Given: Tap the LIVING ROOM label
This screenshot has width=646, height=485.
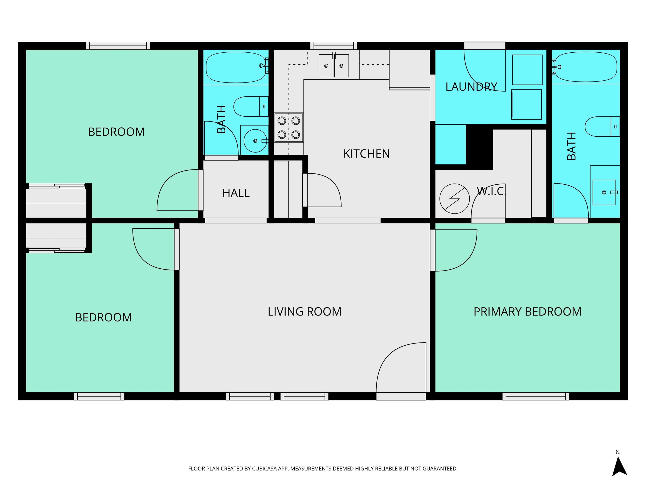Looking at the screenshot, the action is [x=305, y=312].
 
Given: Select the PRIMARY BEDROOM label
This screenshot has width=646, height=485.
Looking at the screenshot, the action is [x=527, y=312].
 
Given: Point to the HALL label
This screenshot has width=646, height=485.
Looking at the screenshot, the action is [x=236, y=193].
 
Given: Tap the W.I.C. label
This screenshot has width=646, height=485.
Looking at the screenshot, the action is [x=491, y=191].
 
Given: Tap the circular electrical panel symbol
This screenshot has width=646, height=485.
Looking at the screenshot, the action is [x=454, y=199].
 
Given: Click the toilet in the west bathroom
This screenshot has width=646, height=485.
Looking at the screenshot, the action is [x=251, y=107].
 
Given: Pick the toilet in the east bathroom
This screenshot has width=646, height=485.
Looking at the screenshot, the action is [x=602, y=127].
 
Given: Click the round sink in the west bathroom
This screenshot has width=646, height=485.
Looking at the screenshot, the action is [x=255, y=141].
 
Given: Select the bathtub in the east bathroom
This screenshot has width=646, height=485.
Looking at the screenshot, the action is [x=586, y=67].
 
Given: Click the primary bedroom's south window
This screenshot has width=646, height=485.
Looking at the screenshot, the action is [x=536, y=396].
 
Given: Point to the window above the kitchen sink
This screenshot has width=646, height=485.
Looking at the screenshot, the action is [x=334, y=46].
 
